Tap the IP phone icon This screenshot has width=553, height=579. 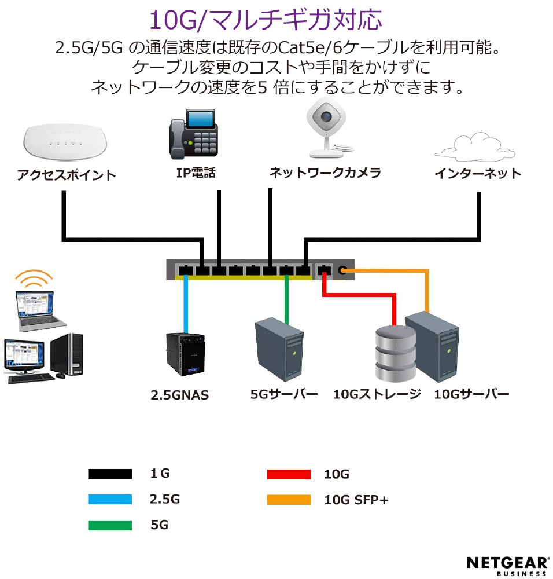click(x=193, y=134)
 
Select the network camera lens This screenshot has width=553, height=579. click(x=326, y=116)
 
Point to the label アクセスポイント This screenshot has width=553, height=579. click(x=67, y=175)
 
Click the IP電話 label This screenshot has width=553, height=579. click(x=196, y=173)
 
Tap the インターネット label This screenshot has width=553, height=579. click(x=478, y=173)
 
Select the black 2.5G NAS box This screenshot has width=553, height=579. click(x=185, y=354)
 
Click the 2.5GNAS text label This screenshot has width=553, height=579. click(x=180, y=395)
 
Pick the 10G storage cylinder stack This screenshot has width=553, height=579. click(x=395, y=354)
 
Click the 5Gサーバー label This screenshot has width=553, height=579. click(x=284, y=394)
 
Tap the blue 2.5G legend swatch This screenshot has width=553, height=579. click(x=110, y=499)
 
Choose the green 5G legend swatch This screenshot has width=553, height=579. click(x=110, y=525)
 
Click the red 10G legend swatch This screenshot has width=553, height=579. click(x=289, y=474)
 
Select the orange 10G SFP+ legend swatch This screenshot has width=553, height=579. click(x=289, y=500)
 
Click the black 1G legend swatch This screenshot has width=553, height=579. click(x=110, y=474)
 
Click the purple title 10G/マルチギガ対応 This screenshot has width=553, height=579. click(x=266, y=20)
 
